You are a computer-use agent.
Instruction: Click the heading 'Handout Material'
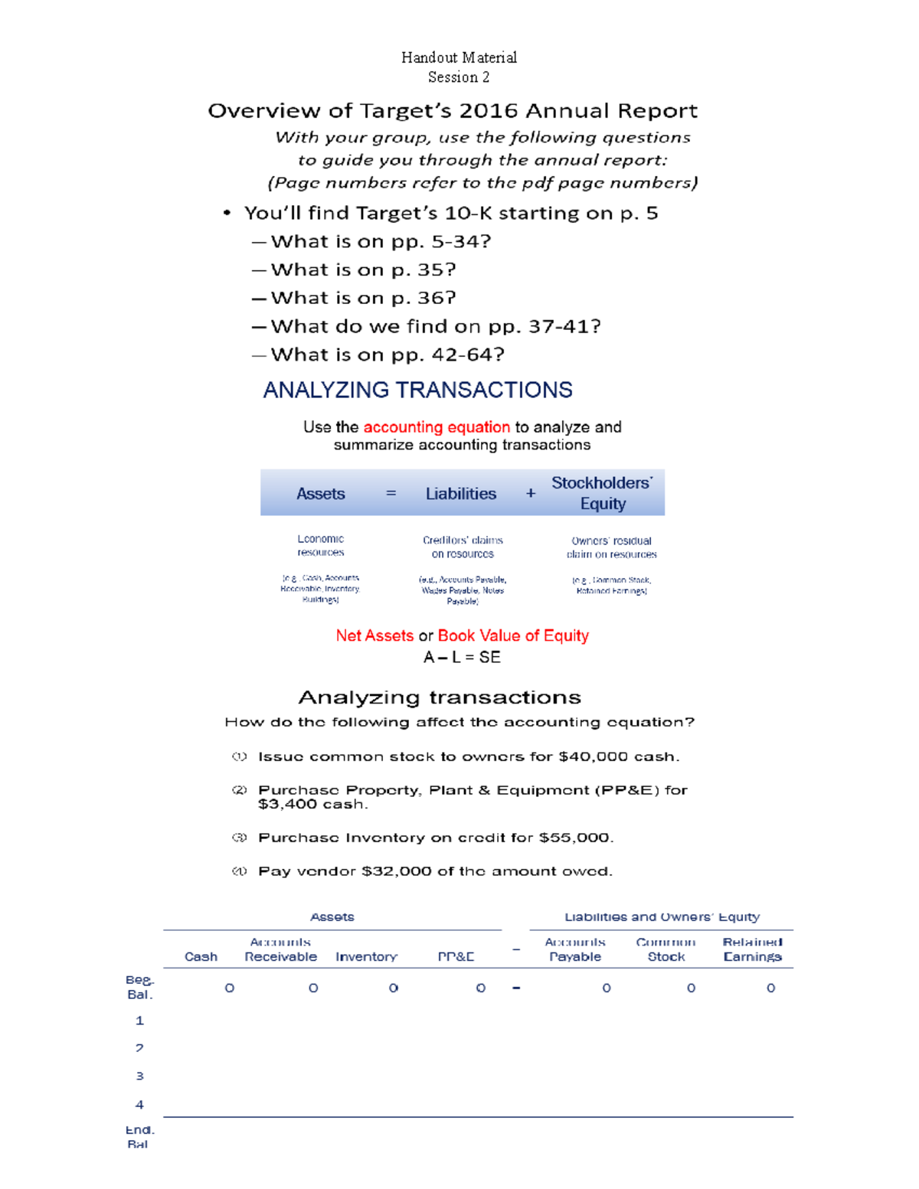(x=459, y=57)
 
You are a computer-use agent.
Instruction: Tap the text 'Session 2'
(x=459, y=77)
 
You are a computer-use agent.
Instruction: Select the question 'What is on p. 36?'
(x=363, y=298)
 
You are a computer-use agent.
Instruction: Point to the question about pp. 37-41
(x=435, y=326)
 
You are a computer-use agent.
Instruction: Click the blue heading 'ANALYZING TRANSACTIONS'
(x=417, y=390)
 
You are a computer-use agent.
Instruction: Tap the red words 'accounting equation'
(x=436, y=427)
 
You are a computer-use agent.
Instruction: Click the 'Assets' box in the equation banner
(x=320, y=494)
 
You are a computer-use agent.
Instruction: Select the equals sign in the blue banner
(x=391, y=494)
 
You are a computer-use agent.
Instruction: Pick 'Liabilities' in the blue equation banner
(x=460, y=494)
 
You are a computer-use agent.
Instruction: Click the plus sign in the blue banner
(x=531, y=494)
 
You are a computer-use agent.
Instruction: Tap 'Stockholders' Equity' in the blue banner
(x=602, y=493)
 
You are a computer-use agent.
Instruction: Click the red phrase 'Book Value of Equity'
(x=513, y=635)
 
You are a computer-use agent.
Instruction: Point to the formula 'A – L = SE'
(x=462, y=657)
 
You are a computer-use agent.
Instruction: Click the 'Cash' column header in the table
(x=201, y=956)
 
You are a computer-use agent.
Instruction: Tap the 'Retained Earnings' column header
(x=752, y=949)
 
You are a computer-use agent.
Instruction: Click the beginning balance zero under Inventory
(x=394, y=988)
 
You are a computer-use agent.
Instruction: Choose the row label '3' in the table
(x=139, y=1076)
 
